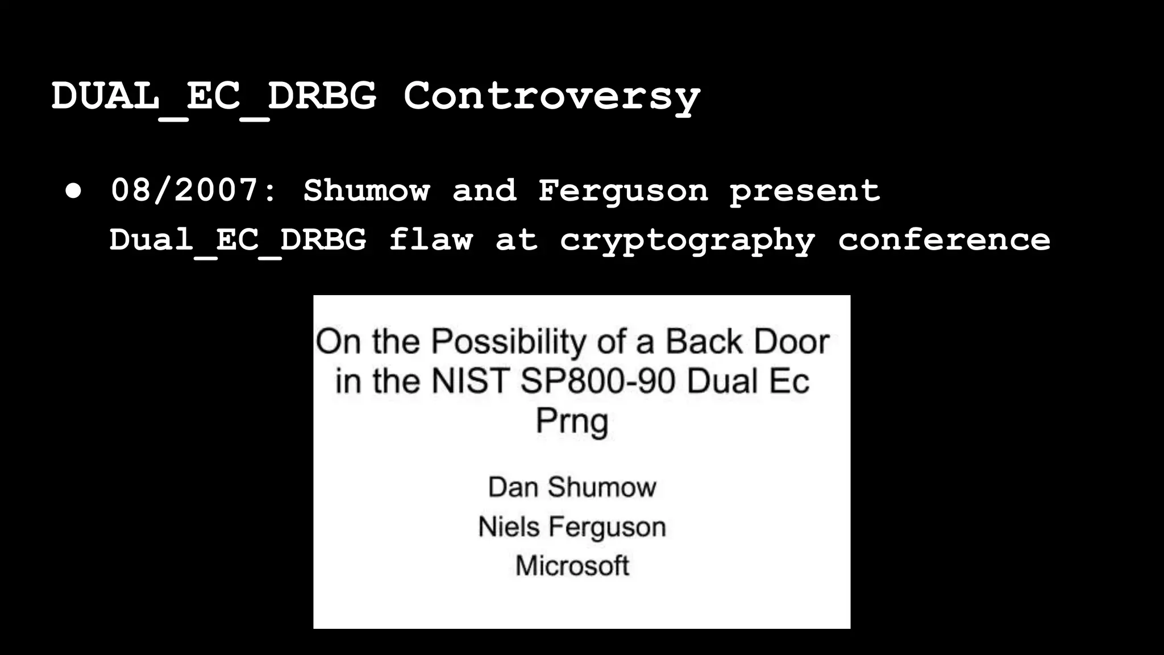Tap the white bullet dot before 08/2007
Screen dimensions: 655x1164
point(73,191)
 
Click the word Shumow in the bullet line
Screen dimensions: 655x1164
point(367,190)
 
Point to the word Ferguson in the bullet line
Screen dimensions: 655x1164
point(623,190)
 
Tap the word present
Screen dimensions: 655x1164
point(805,190)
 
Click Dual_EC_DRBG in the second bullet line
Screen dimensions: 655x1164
point(238,239)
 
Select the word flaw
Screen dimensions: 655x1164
point(431,239)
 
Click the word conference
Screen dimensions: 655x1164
point(944,239)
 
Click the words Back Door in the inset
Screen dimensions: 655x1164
point(747,342)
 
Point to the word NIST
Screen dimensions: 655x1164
point(469,381)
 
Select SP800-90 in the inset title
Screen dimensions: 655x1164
point(597,381)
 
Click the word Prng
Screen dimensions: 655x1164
point(572,421)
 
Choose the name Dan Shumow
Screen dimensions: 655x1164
point(572,487)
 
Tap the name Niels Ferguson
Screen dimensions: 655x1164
point(572,527)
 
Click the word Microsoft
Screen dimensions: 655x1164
point(572,566)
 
